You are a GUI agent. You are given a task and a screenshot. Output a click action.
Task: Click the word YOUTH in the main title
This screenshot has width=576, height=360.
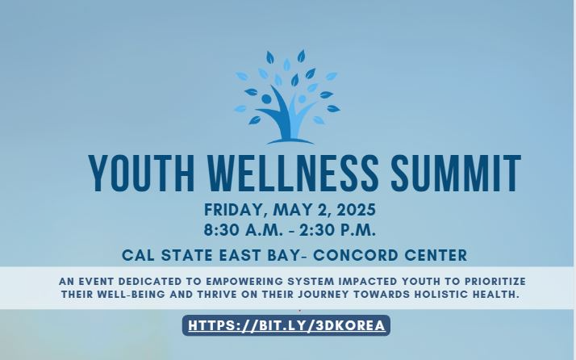pos(141,174)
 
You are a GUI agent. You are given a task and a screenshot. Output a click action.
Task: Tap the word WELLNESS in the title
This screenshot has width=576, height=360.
pos(293,174)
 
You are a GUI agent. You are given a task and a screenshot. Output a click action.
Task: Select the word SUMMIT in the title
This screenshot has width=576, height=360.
pos(456,174)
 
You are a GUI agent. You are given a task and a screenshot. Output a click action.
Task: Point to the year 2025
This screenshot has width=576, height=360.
pos(356,210)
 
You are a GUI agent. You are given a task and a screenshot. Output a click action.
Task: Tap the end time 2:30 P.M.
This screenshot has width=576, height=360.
pos(337,230)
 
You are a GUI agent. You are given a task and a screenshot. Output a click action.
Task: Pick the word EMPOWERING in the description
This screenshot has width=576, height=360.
pos(244,282)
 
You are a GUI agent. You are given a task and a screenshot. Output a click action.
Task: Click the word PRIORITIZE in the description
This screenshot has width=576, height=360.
pos(495,282)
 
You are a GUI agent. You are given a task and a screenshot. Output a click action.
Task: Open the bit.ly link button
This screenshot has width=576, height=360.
pos(286,325)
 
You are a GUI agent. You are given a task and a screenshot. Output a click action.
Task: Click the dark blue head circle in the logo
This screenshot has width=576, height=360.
pos(266,99)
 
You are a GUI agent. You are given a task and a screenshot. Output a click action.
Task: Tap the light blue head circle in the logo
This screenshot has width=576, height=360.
pos(302,99)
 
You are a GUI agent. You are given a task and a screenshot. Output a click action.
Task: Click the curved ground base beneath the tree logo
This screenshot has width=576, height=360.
pos(290,141)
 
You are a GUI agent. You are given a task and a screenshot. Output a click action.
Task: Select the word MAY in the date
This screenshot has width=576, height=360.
pos(290,210)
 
